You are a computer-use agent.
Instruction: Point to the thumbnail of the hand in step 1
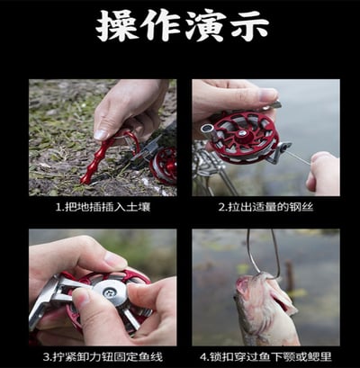click(x=126, y=108)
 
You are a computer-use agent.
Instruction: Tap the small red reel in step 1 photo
click(x=164, y=165)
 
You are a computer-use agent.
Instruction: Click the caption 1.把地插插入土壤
click(x=102, y=206)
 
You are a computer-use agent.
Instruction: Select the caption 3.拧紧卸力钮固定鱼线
click(x=102, y=355)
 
